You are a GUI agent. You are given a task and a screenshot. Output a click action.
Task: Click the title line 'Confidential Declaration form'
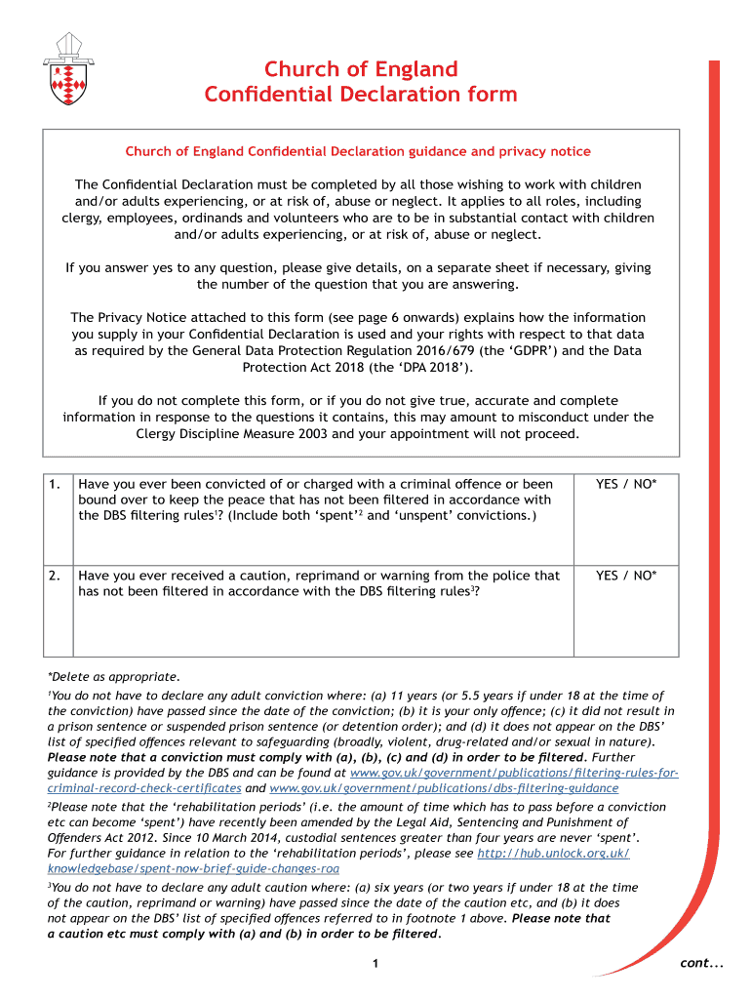[x=360, y=95]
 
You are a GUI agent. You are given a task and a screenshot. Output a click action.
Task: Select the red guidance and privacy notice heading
[x=358, y=151]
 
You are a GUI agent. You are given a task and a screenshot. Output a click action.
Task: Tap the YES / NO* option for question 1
[x=626, y=484]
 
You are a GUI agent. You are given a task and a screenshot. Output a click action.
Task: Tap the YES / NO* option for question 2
[x=626, y=576]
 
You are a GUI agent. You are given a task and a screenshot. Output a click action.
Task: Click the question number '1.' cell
[x=57, y=484]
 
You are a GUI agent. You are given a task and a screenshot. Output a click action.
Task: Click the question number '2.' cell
[x=57, y=576]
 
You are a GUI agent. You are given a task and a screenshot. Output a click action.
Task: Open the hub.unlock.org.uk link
[x=552, y=853]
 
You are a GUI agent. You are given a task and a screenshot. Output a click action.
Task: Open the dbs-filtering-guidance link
[x=444, y=787]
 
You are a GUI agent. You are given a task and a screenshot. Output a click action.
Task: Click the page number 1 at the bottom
[x=375, y=965]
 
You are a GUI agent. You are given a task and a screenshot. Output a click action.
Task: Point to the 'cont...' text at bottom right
[x=701, y=964]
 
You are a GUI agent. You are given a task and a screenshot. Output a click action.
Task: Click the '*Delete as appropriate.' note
[x=113, y=676]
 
